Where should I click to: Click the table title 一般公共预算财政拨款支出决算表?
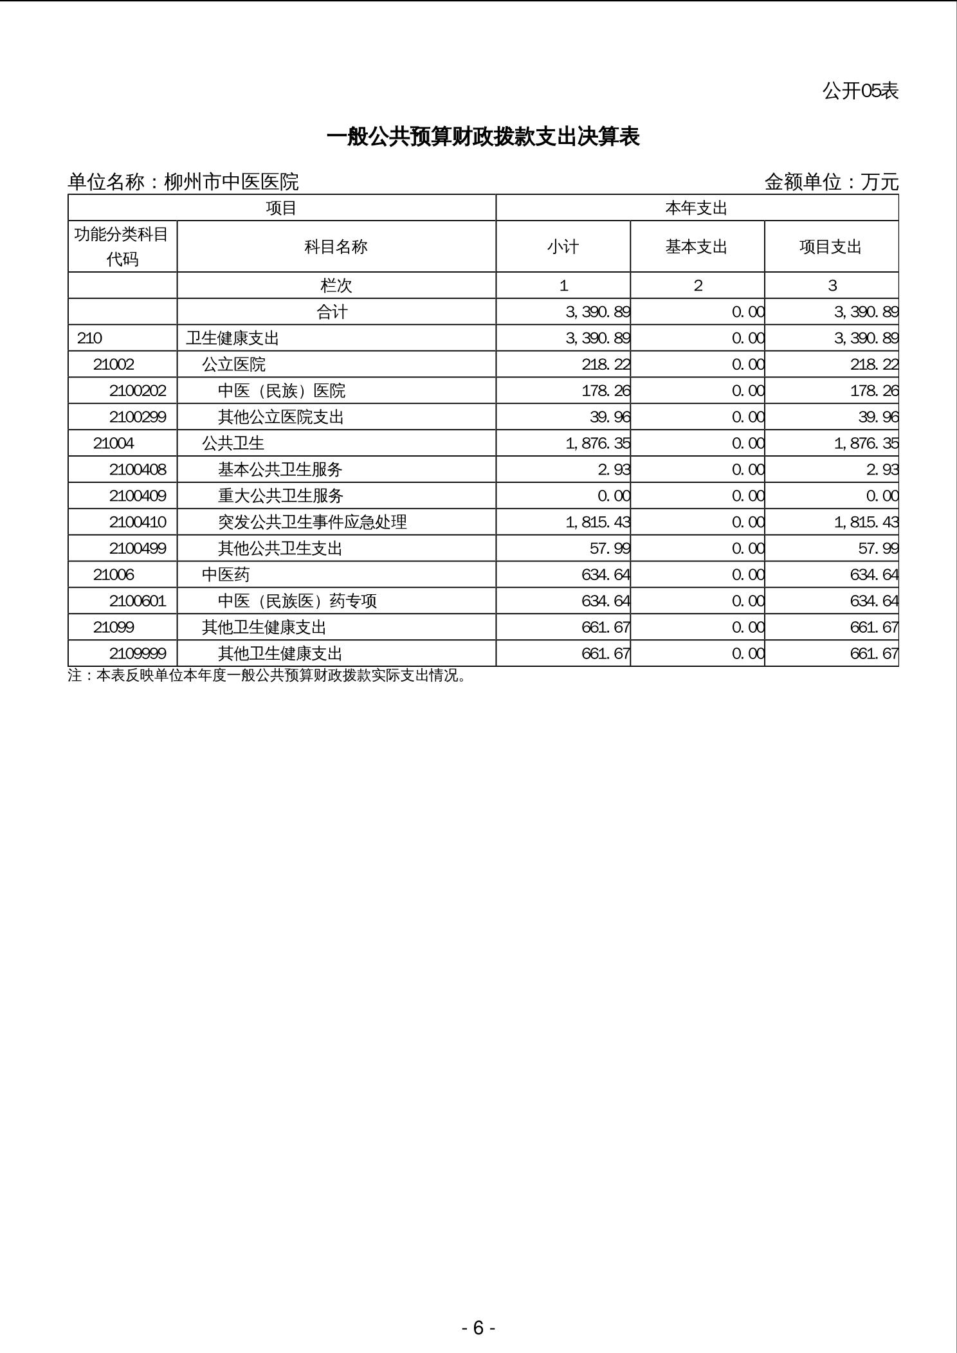483,137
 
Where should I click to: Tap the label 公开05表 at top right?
860,91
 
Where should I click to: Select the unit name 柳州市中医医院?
231,182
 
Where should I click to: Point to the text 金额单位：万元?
831,182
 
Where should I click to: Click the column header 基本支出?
697,247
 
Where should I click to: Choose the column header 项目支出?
830,247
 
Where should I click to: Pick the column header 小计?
563,247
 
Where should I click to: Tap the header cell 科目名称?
336,247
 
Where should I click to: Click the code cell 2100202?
138,390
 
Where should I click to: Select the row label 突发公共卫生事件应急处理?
312,522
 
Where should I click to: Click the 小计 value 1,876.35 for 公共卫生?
597,443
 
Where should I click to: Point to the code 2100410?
138,522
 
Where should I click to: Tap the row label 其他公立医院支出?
280,417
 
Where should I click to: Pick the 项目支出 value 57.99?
878,548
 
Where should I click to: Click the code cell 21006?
113,574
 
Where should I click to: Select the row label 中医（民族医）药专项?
297,601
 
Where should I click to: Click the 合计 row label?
332,312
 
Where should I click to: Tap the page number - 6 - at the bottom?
478,1327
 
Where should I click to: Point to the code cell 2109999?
138,653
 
